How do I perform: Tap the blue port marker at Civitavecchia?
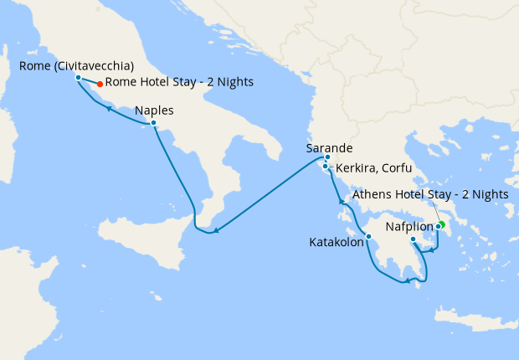pos(78,77)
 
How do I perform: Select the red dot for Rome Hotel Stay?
pos(100,83)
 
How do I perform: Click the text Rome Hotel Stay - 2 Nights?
pos(179,82)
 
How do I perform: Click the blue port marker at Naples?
pos(153,123)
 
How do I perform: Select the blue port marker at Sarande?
pos(327,157)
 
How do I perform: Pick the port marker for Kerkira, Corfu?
pos(325,166)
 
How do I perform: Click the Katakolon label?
pos(336,244)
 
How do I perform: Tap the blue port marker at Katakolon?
pos(368,236)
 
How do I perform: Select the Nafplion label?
pos(409,226)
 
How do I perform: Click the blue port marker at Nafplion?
pos(413,239)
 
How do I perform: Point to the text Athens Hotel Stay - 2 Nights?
pos(430,194)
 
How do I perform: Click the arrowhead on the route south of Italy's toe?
pos(215,230)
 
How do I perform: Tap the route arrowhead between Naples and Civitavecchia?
pos(110,107)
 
